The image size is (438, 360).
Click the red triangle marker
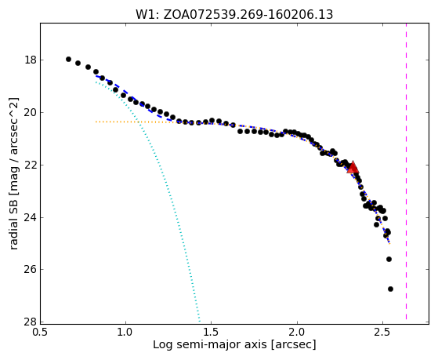click(353, 168)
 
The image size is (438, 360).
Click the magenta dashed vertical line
click(406, 171)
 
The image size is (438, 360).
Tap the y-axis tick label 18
click(30, 60)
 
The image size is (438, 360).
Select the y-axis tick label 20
click(30, 112)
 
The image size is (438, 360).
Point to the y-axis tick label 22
click(30, 165)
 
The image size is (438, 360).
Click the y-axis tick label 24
click(30, 217)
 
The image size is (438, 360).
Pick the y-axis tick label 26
click(30, 270)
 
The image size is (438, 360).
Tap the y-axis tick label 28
click(30, 322)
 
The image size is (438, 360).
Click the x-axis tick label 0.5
click(40, 332)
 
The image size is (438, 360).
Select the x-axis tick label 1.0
click(125, 332)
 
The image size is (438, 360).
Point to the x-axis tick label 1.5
click(212, 332)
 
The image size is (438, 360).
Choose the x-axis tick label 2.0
click(297, 332)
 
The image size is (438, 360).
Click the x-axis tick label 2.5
click(383, 332)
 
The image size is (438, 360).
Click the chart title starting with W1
click(234, 14)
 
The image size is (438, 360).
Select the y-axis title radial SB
click(13, 173)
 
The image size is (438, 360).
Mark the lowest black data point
click(390, 289)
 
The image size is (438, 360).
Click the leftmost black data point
click(68, 59)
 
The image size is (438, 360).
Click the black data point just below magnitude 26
click(389, 260)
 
